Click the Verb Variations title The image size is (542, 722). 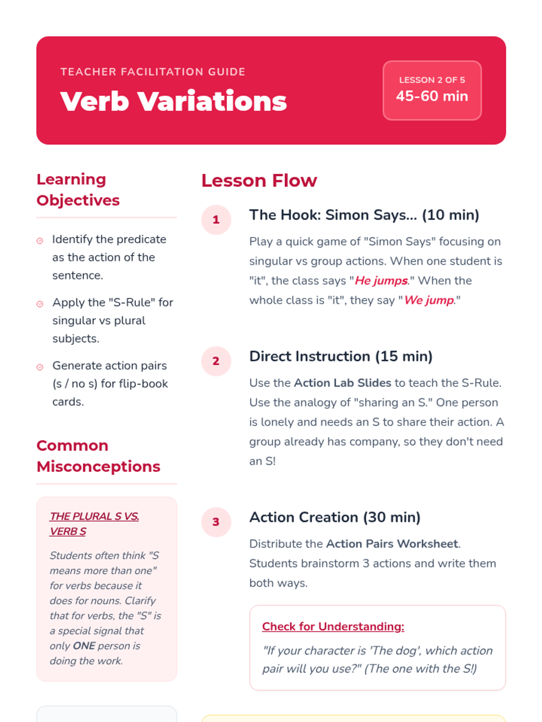tap(173, 101)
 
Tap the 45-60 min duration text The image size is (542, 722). tap(432, 96)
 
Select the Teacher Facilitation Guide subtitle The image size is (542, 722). tap(153, 72)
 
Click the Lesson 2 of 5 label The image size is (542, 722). tap(432, 80)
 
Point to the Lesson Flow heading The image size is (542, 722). tap(259, 180)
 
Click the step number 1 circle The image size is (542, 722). tap(216, 220)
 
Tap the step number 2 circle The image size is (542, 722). tap(216, 361)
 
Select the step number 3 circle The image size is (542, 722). tap(216, 522)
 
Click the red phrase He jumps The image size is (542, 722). tap(381, 281)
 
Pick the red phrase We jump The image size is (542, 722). tap(429, 300)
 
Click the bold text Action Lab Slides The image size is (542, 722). tap(342, 383)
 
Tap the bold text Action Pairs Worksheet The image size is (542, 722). tap(392, 544)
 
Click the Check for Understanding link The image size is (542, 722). tap(333, 626)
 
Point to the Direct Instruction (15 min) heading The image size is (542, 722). tap(341, 356)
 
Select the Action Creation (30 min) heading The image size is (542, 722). tap(335, 517)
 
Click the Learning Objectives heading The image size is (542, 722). tap(78, 190)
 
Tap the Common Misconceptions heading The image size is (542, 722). tap(98, 456)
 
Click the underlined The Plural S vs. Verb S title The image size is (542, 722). tap(94, 523)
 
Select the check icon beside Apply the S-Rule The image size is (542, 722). tap(40, 304)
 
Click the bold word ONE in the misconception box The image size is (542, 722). tap(84, 646)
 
